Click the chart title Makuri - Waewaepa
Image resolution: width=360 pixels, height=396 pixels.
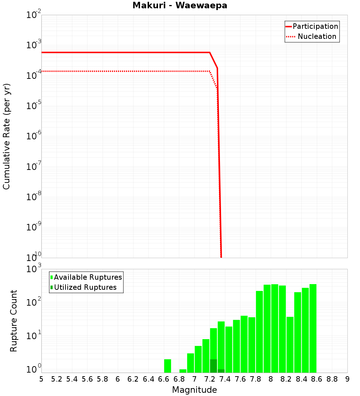[180, 5]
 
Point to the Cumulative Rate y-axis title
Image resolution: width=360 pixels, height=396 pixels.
[7, 136]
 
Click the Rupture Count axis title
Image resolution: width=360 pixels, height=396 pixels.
[14, 321]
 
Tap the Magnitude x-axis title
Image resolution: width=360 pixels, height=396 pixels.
[194, 390]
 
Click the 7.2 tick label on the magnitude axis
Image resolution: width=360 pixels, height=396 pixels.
[210, 379]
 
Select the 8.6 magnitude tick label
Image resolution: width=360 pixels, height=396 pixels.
[317, 379]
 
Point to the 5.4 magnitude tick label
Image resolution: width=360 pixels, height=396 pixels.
[72, 379]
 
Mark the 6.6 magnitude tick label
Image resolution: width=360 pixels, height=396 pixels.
[164, 379]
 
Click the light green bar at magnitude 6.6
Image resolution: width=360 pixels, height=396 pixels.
[167, 366]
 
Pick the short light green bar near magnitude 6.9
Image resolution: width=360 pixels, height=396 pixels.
[183, 371]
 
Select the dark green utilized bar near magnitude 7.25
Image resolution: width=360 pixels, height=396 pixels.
[213, 366]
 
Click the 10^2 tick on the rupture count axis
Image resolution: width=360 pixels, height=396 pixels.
[34, 302]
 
